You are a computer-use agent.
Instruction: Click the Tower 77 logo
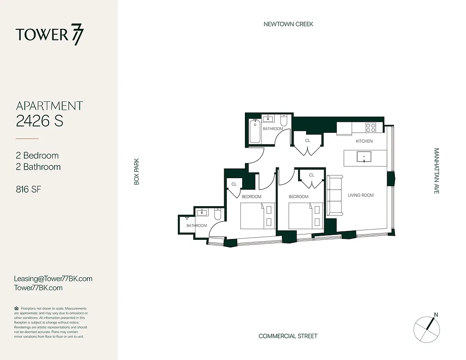coord(50,35)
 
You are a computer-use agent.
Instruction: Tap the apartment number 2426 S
coord(40,121)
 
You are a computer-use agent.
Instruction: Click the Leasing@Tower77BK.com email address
coord(53,279)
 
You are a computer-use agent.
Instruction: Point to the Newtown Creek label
coord(288,24)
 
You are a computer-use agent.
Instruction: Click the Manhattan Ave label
coord(436,171)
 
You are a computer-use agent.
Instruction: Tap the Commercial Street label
coord(288,336)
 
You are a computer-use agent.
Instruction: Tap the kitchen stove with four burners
coord(371,127)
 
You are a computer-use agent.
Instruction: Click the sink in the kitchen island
coord(364,157)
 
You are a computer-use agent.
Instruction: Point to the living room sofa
coord(334,195)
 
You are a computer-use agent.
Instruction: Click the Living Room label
coord(361,195)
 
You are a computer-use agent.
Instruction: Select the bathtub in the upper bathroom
coord(255,131)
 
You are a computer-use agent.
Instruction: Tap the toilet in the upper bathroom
coord(284,121)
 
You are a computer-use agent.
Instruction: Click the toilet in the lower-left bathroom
coord(217,215)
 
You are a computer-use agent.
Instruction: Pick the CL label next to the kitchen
coord(308,140)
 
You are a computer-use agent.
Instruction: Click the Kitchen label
coord(364,141)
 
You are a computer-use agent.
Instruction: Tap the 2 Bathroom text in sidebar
coord(38,167)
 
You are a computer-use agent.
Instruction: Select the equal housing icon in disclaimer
coord(17,308)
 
